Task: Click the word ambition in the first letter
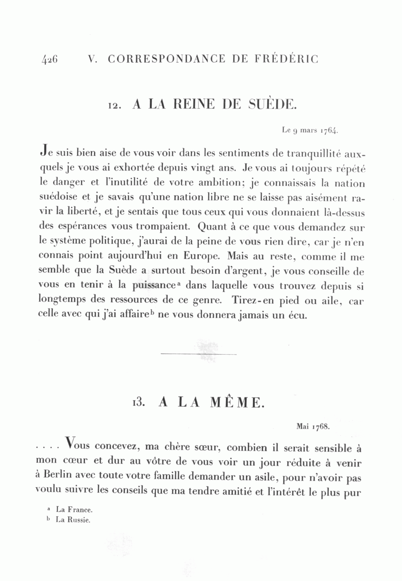point(201,183)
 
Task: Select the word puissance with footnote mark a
point(153,286)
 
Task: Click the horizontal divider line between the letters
point(198,354)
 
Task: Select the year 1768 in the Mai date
point(322,426)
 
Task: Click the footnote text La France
point(74,509)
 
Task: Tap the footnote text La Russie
point(73,520)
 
